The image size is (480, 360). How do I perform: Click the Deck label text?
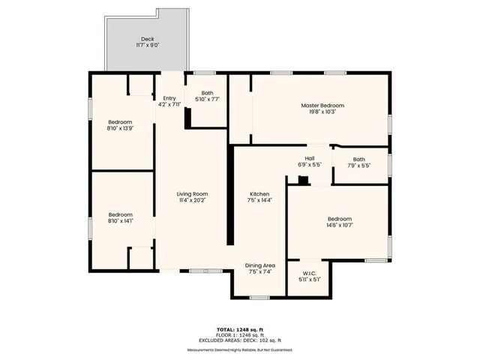(x=147, y=39)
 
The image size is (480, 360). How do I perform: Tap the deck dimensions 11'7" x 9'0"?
(x=147, y=46)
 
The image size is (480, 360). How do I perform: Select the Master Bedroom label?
(x=322, y=106)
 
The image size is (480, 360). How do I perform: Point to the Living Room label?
(x=192, y=194)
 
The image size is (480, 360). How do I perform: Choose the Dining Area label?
(x=259, y=265)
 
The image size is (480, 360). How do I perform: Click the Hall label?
(x=309, y=158)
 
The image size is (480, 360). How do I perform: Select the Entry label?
(x=169, y=98)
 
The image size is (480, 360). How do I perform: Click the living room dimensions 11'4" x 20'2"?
(x=192, y=201)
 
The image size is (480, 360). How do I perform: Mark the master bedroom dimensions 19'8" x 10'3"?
(x=322, y=112)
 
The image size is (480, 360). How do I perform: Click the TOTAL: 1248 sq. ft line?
(x=240, y=329)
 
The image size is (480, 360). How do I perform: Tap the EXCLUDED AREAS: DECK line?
(x=240, y=340)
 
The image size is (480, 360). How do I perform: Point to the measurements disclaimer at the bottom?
(x=240, y=350)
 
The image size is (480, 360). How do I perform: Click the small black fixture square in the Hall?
(x=302, y=179)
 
